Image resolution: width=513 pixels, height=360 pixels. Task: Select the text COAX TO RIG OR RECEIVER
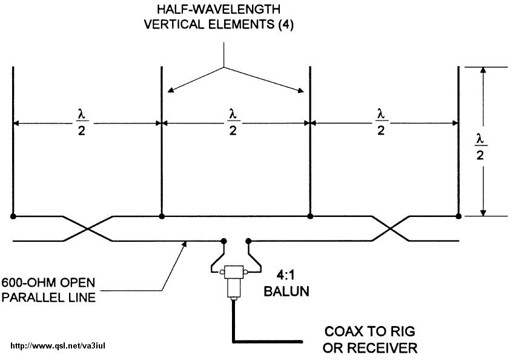tap(371, 340)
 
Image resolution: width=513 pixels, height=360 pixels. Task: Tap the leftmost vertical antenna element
tap(13, 139)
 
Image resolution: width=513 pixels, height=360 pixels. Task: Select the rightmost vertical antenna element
tap(458, 139)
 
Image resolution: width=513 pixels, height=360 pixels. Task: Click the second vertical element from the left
tap(161, 139)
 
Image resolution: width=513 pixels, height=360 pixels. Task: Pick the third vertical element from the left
tap(310, 139)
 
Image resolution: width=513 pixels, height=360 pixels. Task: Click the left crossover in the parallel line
tap(89, 228)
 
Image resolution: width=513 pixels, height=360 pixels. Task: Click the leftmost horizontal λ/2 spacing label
tap(82, 122)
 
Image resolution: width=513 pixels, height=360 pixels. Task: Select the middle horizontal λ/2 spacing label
tap(233, 122)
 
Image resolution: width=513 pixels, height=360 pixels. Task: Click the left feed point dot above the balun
tap(223, 241)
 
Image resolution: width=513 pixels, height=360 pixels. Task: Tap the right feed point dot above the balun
tap(248, 241)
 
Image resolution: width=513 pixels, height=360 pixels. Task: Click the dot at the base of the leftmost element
tap(13, 216)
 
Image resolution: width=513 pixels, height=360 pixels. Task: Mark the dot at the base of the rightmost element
tap(458, 216)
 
